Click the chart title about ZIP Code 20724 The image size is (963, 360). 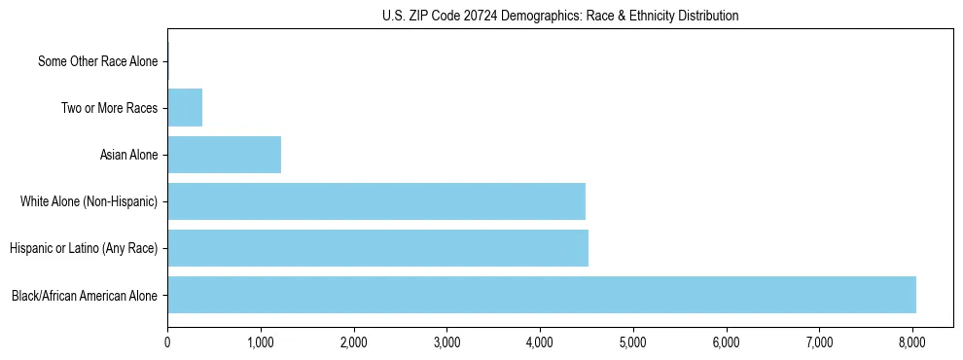tap(559, 16)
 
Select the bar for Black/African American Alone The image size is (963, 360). tap(542, 295)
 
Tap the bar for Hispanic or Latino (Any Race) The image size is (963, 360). tap(377, 248)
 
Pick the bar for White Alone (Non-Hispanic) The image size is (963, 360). tap(376, 201)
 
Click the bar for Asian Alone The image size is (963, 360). tap(224, 155)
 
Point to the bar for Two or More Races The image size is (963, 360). tap(185, 108)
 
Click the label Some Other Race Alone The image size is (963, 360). tap(97, 61)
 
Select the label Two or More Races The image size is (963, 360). tap(109, 108)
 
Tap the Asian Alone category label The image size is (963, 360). tap(128, 155)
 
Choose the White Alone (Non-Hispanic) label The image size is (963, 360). tap(89, 201)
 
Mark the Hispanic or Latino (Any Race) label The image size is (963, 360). tap(84, 248)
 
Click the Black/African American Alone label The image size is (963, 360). tap(85, 295)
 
